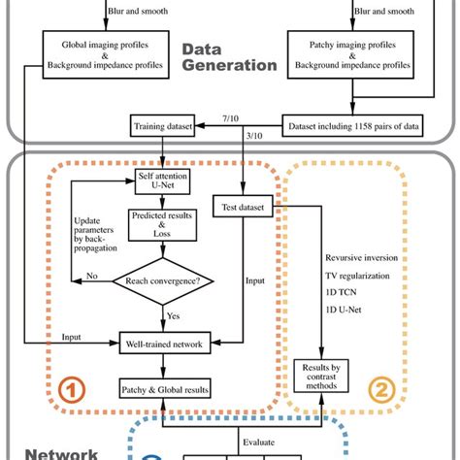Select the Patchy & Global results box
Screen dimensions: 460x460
click(x=161, y=386)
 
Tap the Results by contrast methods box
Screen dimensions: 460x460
click(x=321, y=378)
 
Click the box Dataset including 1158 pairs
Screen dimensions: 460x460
click(x=339, y=125)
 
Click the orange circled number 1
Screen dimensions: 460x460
click(x=71, y=388)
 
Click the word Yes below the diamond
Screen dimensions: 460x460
click(x=173, y=315)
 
